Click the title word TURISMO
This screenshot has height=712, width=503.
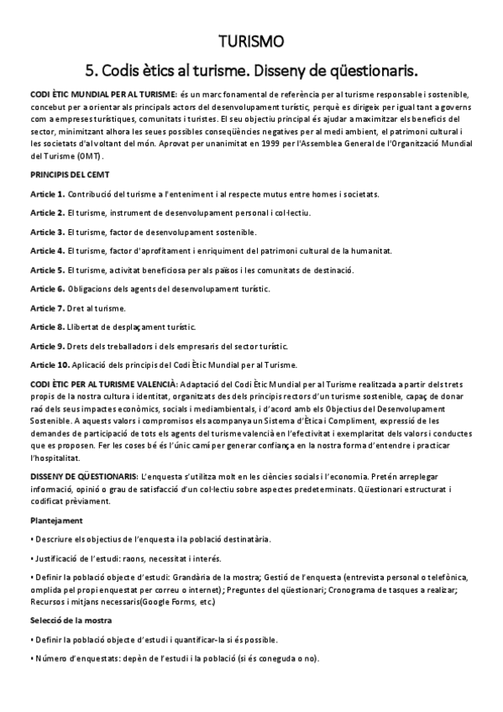pos(251,41)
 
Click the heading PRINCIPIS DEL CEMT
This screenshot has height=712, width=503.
pos(69,175)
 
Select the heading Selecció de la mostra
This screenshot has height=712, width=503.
pos(71,620)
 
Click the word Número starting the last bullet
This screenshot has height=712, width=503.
pos(50,657)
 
